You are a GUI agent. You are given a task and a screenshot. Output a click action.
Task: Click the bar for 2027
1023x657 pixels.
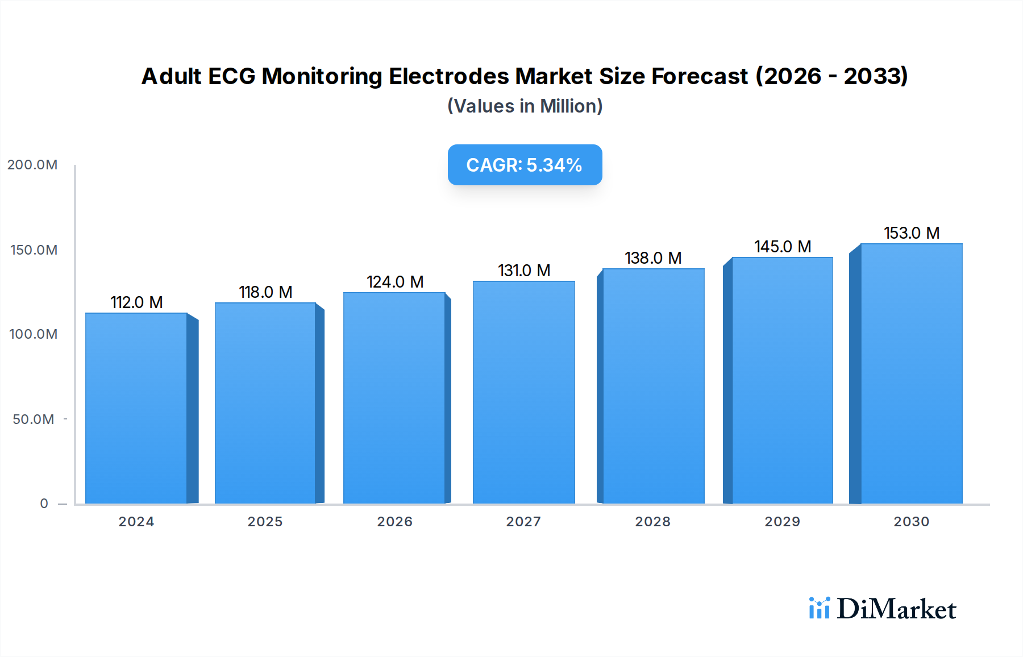[x=523, y=392]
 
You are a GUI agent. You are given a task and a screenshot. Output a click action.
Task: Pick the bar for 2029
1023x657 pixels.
[x=782, y=380]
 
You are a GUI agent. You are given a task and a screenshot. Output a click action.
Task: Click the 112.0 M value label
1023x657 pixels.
[x=136, y=302]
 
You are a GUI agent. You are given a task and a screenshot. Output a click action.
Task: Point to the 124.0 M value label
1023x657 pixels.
[x=395, y=282]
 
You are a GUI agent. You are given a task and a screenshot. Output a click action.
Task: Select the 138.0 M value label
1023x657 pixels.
[x=653, y=258]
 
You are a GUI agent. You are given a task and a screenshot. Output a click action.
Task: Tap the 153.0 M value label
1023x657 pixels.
[x=912, y=233]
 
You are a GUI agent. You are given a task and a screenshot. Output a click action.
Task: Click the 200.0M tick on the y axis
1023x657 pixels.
[x=32, y=165]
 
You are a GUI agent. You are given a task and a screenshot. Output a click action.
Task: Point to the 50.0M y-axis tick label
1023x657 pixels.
[x=34, y=419]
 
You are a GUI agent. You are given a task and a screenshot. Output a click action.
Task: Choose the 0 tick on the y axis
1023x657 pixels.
[x=44, y=504]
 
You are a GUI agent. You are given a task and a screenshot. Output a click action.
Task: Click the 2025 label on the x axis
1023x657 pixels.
[x=265, y=522]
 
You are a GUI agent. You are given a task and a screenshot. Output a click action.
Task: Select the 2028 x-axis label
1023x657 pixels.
[x=652, y=522]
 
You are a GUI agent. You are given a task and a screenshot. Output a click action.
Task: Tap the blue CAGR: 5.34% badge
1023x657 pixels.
[x=525, y=165]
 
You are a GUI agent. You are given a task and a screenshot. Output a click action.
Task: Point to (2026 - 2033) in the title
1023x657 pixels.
[x=831, y=76]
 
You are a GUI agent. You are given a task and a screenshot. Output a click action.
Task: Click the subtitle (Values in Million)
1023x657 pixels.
[x=525, y=106]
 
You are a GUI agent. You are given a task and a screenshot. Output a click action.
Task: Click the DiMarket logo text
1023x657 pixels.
[x=896, y=609]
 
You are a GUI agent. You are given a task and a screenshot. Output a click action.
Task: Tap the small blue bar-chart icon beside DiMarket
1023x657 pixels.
[x=819, y=608]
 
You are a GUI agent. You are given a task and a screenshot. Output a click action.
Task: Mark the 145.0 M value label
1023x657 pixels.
[x=783, y=247]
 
